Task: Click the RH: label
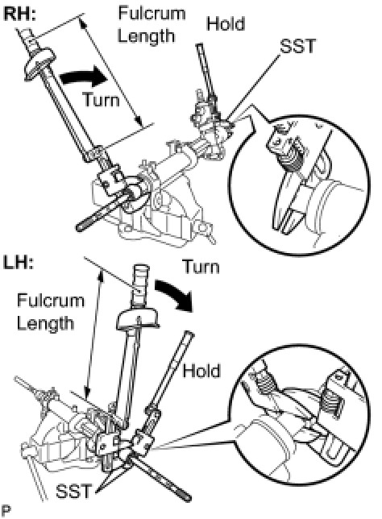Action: pyautogui.click(x=19, y=15)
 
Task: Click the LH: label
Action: pyautogui.click(x=19, y=263)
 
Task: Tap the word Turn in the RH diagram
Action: pyautogui.click(x=102, y=100)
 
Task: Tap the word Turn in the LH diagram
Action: pyautogui.click(x=201, y=267)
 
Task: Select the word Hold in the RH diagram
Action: pyautogui.click(x=226, y=23)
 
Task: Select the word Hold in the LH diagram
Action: pyautogui.click(x=201, y=371)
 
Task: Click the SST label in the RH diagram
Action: pyautogui.click(x=297, y=46)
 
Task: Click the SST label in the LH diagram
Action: pyautogui.click(x=73, y=491)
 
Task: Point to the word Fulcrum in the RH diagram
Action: pyautogui.click(x=152, y=13)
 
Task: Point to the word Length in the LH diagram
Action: pyautogui.click(x=45, y=323)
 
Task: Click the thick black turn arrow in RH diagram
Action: pyautogui.click(x=84, y=77)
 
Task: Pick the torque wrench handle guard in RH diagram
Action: pyautogui.click(x=39, y=63)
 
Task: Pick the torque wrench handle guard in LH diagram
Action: pyautogui.click(x=137, y=319)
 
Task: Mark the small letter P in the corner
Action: pyautogui.click(x=6, y=510)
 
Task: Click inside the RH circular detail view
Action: pyautogui.click(x=298, y=185)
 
